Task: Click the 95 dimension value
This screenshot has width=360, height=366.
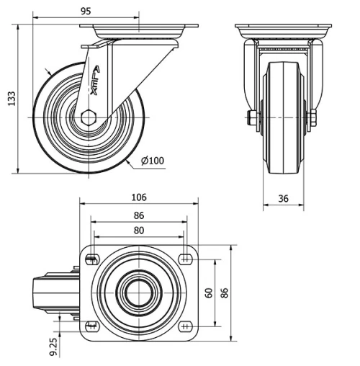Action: (x=86, y=11)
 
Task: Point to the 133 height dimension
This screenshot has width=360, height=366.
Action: (x=11, y=99)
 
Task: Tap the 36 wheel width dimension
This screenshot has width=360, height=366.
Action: (x=284, y=199)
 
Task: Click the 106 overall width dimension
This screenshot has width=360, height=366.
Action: (x=139, y=197)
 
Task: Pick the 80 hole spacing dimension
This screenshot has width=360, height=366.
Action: (x=139, y=231)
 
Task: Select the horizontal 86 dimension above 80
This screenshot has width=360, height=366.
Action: (x=139, y=215)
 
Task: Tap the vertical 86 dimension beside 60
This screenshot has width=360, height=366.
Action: (x=224, y=293)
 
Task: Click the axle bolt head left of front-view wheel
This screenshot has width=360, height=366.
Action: (x=251, y=117)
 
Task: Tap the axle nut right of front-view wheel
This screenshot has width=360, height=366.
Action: (x=315, y=117)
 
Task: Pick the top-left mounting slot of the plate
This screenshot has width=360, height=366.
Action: (x=91, y=260)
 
